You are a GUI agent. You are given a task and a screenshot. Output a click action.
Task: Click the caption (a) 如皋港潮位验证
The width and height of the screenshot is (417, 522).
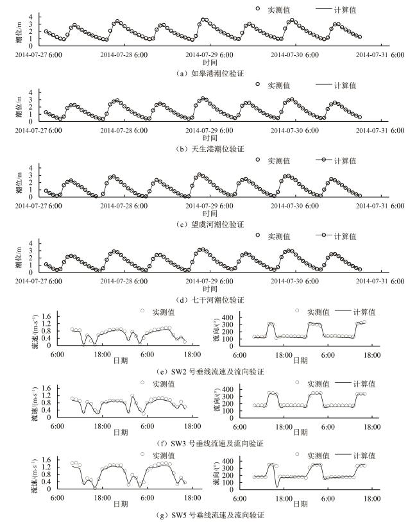pos(209,74)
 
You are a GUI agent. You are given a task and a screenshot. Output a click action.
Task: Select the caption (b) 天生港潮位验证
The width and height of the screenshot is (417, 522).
pos(209,149)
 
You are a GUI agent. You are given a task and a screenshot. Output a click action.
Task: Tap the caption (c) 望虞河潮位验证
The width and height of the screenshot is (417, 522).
pos(209,224)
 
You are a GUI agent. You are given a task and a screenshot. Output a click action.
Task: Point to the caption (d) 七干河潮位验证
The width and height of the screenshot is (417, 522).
pos(209,299)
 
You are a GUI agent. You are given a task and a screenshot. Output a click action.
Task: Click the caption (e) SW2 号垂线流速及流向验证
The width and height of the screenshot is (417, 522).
pos(209,371)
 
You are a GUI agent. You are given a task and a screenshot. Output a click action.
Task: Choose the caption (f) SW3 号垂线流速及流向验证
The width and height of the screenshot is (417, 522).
pos(209,443)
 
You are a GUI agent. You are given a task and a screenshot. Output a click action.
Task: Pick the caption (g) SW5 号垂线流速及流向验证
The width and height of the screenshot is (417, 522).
pos(209,515)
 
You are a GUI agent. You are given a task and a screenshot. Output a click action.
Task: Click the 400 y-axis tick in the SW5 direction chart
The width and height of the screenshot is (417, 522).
pos(228,460)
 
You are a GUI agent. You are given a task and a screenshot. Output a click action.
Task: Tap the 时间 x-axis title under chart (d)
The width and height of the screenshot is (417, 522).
pos(209,289)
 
